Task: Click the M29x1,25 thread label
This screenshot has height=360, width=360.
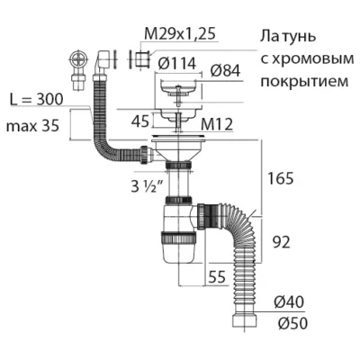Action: click(x=180, y=34)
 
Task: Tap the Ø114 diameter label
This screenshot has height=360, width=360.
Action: click(x=177, y=64)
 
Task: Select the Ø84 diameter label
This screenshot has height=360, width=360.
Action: click(x=225, y=71)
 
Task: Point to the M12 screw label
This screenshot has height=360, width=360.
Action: click(x=217, y=124)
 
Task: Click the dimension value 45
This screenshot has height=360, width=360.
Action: click(x=140, y=121)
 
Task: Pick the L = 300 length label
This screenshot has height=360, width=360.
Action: click(x=36, y=100)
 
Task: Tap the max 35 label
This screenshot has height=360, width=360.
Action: click(x=32, y=126)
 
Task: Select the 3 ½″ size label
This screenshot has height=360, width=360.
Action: click(x=147, y=186)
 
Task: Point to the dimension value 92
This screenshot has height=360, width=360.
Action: click(x=282, y=242)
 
